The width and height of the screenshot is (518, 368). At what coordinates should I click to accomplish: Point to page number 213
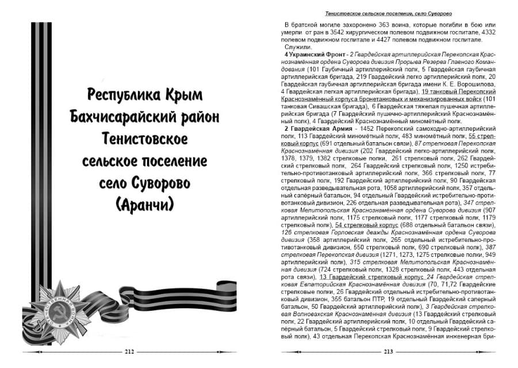point(388,352)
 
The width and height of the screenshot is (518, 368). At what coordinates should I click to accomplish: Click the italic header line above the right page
point(388,12)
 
